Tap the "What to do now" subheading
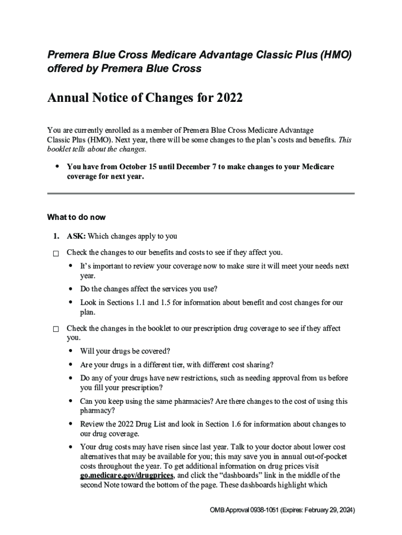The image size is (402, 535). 76,217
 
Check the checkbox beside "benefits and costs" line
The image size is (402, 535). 56,253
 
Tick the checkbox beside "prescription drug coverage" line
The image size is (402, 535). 56,330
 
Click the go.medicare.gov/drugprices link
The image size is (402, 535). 127,475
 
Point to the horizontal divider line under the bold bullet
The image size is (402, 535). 200,193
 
